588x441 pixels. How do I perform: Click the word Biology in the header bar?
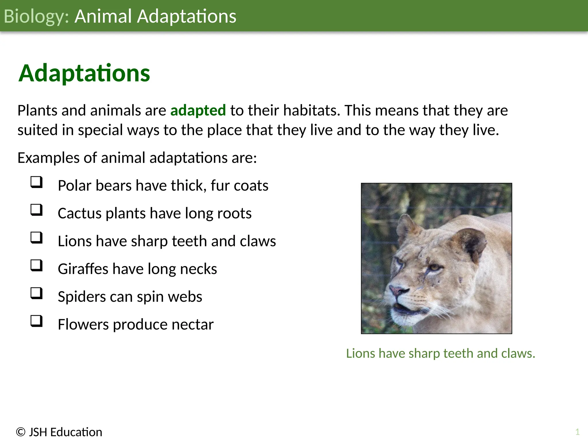point(36,16)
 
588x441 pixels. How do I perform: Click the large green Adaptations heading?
point(84,73)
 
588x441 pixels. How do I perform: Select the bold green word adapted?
point(198,111)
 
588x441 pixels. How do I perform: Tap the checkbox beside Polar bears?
point(36,182)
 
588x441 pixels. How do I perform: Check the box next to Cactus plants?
point(36,210)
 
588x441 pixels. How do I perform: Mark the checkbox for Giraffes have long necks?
point(36,266)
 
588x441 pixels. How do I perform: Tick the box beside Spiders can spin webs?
point(36,293)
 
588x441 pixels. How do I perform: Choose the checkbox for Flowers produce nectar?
point(36,321)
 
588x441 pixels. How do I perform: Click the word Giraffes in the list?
point(83,269)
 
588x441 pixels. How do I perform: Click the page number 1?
point(577,432)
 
